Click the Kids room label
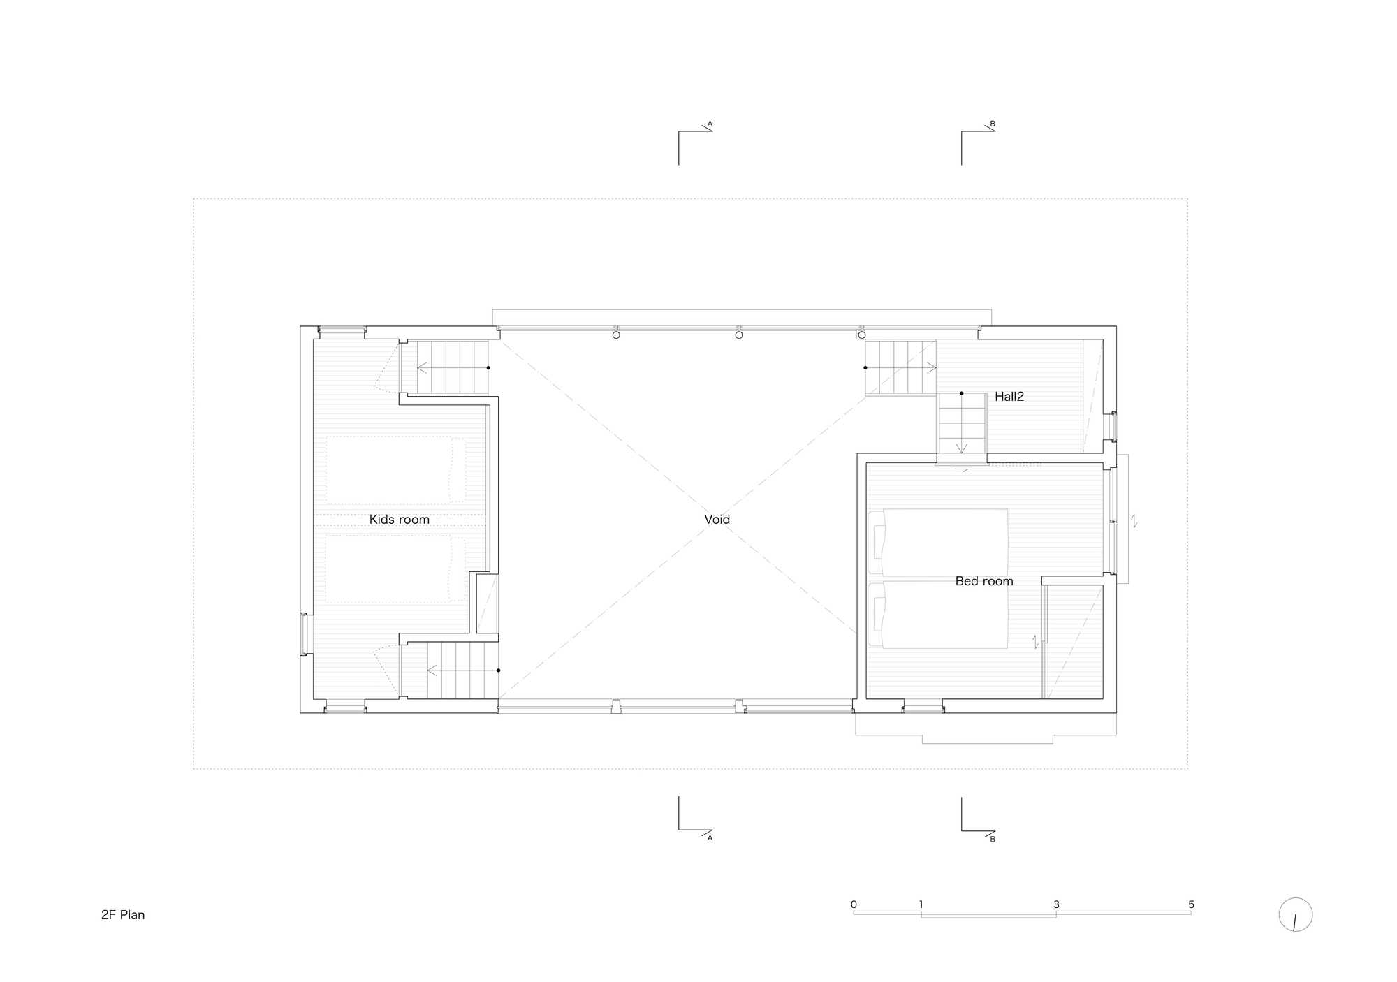[x=399, y=520]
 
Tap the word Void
[x=717, y=520]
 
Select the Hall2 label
[x=1009, y=397]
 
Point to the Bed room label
[x=983, y=581]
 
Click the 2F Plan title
[x=123, y=915]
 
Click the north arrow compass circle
[x=1295, y=914]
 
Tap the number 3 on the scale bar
[x=1056, y=904]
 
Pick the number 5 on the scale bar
[x=1191, y=904]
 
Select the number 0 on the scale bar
[x=854, y=904]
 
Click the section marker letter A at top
[x=710, y=124]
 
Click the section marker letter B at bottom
[x=992, y=839]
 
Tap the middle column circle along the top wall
[x=739, y=335]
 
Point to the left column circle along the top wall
[x=616, y=335]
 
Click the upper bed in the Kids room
[x=395, y=470]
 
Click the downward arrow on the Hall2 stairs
[x=962, y=447]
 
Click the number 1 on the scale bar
[x=921, y=904]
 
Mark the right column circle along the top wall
[x=861, y=335]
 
